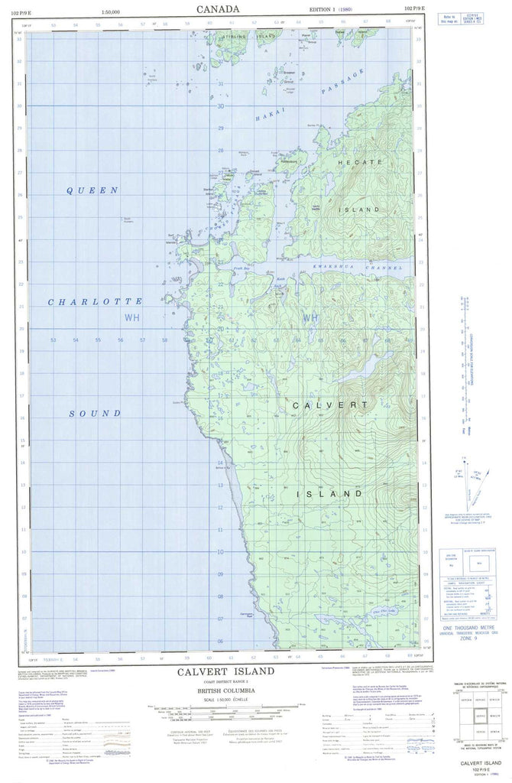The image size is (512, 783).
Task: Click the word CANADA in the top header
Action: pos(218,8)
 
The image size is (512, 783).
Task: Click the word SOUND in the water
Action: pos(96,413)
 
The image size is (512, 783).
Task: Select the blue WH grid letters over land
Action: pos(309,317)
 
